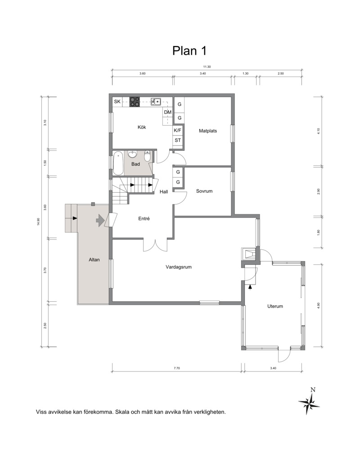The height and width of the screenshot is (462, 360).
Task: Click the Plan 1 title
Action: [x=189, y=51]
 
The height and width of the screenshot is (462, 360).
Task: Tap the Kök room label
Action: [x=142, y=127]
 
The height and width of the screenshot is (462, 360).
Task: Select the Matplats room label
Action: [x=208, y=131]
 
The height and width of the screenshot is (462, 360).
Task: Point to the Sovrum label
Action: [x=204, y=191]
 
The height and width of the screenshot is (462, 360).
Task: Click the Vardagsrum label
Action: [x=179, y=267]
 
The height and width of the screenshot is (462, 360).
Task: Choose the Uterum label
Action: [x=275, y=306]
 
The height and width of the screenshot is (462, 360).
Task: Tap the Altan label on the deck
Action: [x=94, y=259]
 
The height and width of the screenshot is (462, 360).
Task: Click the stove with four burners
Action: [x=135, y=102]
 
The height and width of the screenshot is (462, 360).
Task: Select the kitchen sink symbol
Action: [x=156, y=102]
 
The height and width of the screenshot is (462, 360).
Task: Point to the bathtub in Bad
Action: [x=118, y=163]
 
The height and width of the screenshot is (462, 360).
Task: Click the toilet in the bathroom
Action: [x=148, y=156]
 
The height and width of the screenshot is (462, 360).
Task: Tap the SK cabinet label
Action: [x=117, y=102]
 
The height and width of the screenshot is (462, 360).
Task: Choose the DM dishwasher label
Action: [x=168, y=112]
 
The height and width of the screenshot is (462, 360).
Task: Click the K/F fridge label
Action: [x=177, y=130]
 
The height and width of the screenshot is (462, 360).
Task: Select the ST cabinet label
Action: [x=177, y=140]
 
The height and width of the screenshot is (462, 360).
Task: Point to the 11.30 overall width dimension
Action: [x=207, y=67]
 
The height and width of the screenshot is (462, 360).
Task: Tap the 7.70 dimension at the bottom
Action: [x=176, y=368]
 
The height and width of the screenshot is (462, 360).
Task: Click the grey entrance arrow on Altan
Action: [x=100, y=220]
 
